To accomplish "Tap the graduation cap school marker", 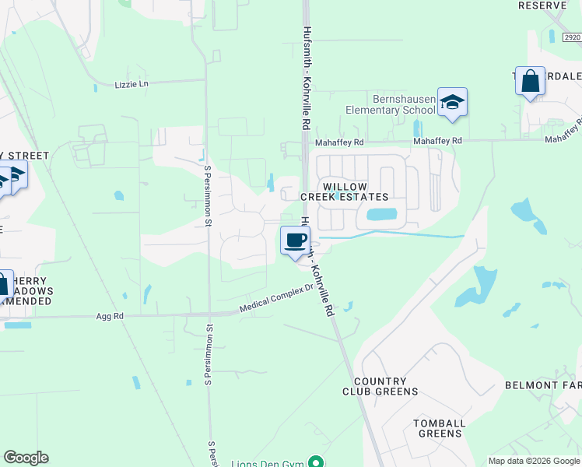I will click(x=451, y=102).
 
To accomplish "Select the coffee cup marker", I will click(x=295, y=240).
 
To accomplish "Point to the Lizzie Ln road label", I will click(x=131, y=84).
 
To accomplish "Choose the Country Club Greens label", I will click(x=386, y=387).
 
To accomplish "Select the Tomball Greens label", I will click(x=440, y=429).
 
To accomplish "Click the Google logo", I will click(x=26, y=458).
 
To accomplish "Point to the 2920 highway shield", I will click(x=572, y=37).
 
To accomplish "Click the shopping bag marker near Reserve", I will click(x=530, y=81).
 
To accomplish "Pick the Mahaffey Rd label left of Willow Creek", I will click(x=339, y=142).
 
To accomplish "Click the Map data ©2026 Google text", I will click(x=533, y=461).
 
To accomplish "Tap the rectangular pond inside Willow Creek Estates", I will click(x=381, y=214).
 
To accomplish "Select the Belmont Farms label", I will click(x=543, y=385).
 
